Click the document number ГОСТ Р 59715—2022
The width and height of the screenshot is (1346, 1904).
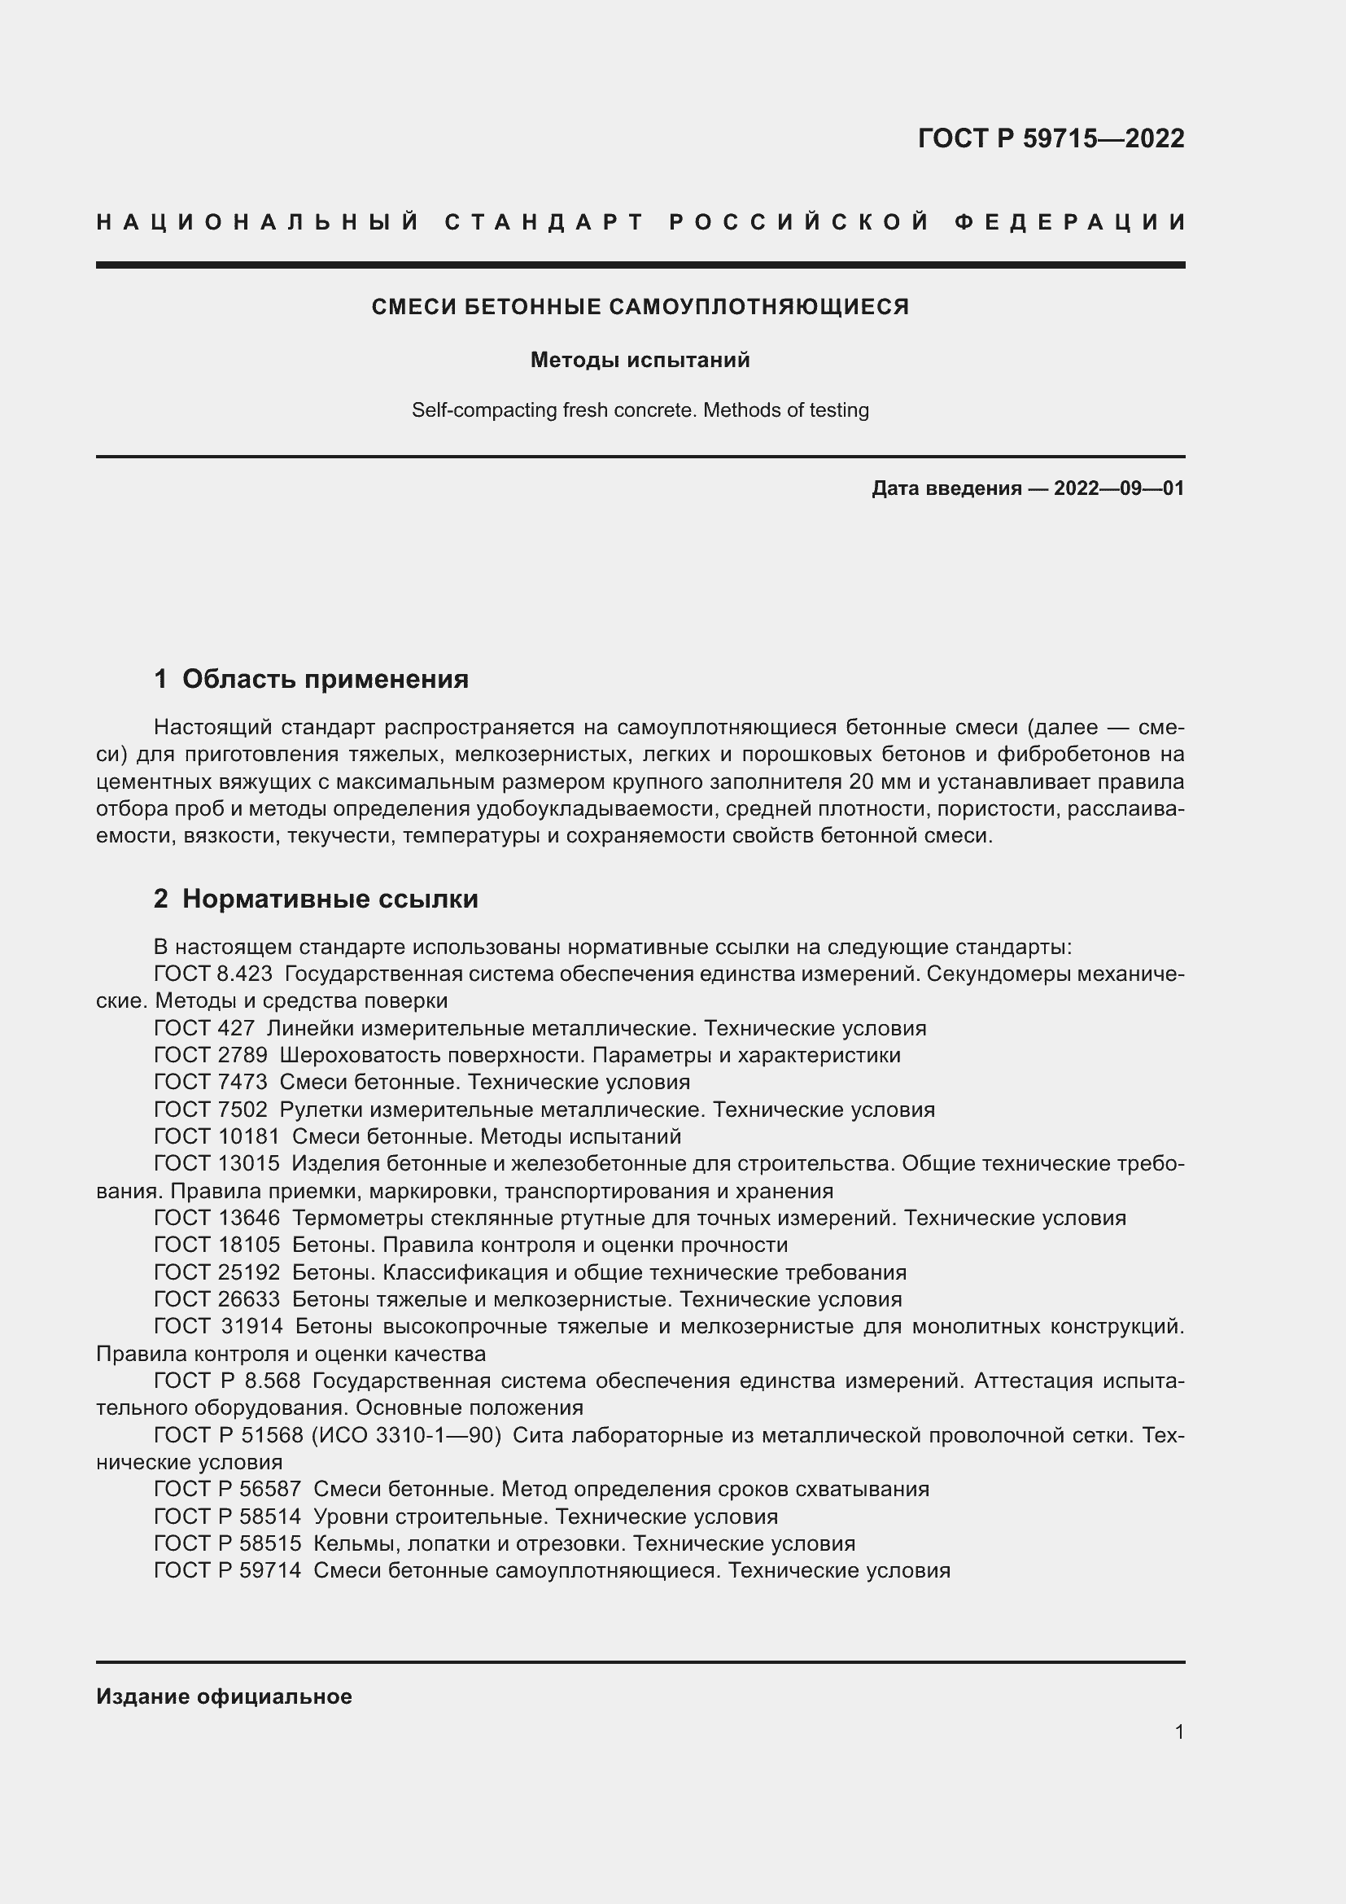[1050, 138]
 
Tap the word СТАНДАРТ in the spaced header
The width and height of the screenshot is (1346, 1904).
[544, 222]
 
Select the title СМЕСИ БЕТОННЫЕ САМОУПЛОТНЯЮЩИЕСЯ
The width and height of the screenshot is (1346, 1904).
[640, 307]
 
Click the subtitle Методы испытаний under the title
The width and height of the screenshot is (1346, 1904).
[640, 360]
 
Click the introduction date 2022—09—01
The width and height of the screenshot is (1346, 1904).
[1119, 488]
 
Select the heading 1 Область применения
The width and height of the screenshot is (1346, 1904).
[311, 679]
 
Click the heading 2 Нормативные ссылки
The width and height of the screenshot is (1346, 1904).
[316, 899]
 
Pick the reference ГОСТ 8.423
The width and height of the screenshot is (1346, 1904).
[213, 974]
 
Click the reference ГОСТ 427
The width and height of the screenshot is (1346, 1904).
[204, 1028]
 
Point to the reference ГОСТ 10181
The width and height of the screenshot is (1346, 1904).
[216, 1136]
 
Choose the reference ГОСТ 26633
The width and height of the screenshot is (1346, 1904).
[216, 1299]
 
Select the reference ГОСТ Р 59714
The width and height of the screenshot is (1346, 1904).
[227, 1570]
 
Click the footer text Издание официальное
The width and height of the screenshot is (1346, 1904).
[224, 1696]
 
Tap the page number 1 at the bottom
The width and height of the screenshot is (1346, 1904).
[1178, 1732]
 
